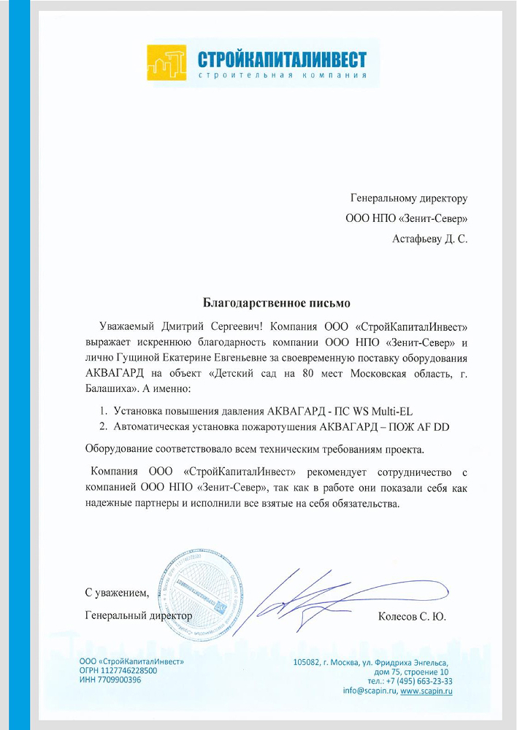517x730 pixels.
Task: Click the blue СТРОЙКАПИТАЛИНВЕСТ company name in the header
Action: [282, 58]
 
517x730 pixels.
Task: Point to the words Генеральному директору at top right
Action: [408, 198]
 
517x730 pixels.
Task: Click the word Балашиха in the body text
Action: [112, 389]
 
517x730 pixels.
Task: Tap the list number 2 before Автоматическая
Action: [104, 426]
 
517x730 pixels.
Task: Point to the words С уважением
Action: [117, 592]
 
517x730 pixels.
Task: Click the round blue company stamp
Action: [199, 588]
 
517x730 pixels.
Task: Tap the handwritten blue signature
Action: [329, 595]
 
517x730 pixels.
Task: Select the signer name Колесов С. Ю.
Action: [411, 616]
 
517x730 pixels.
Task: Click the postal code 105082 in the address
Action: [306, 661]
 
